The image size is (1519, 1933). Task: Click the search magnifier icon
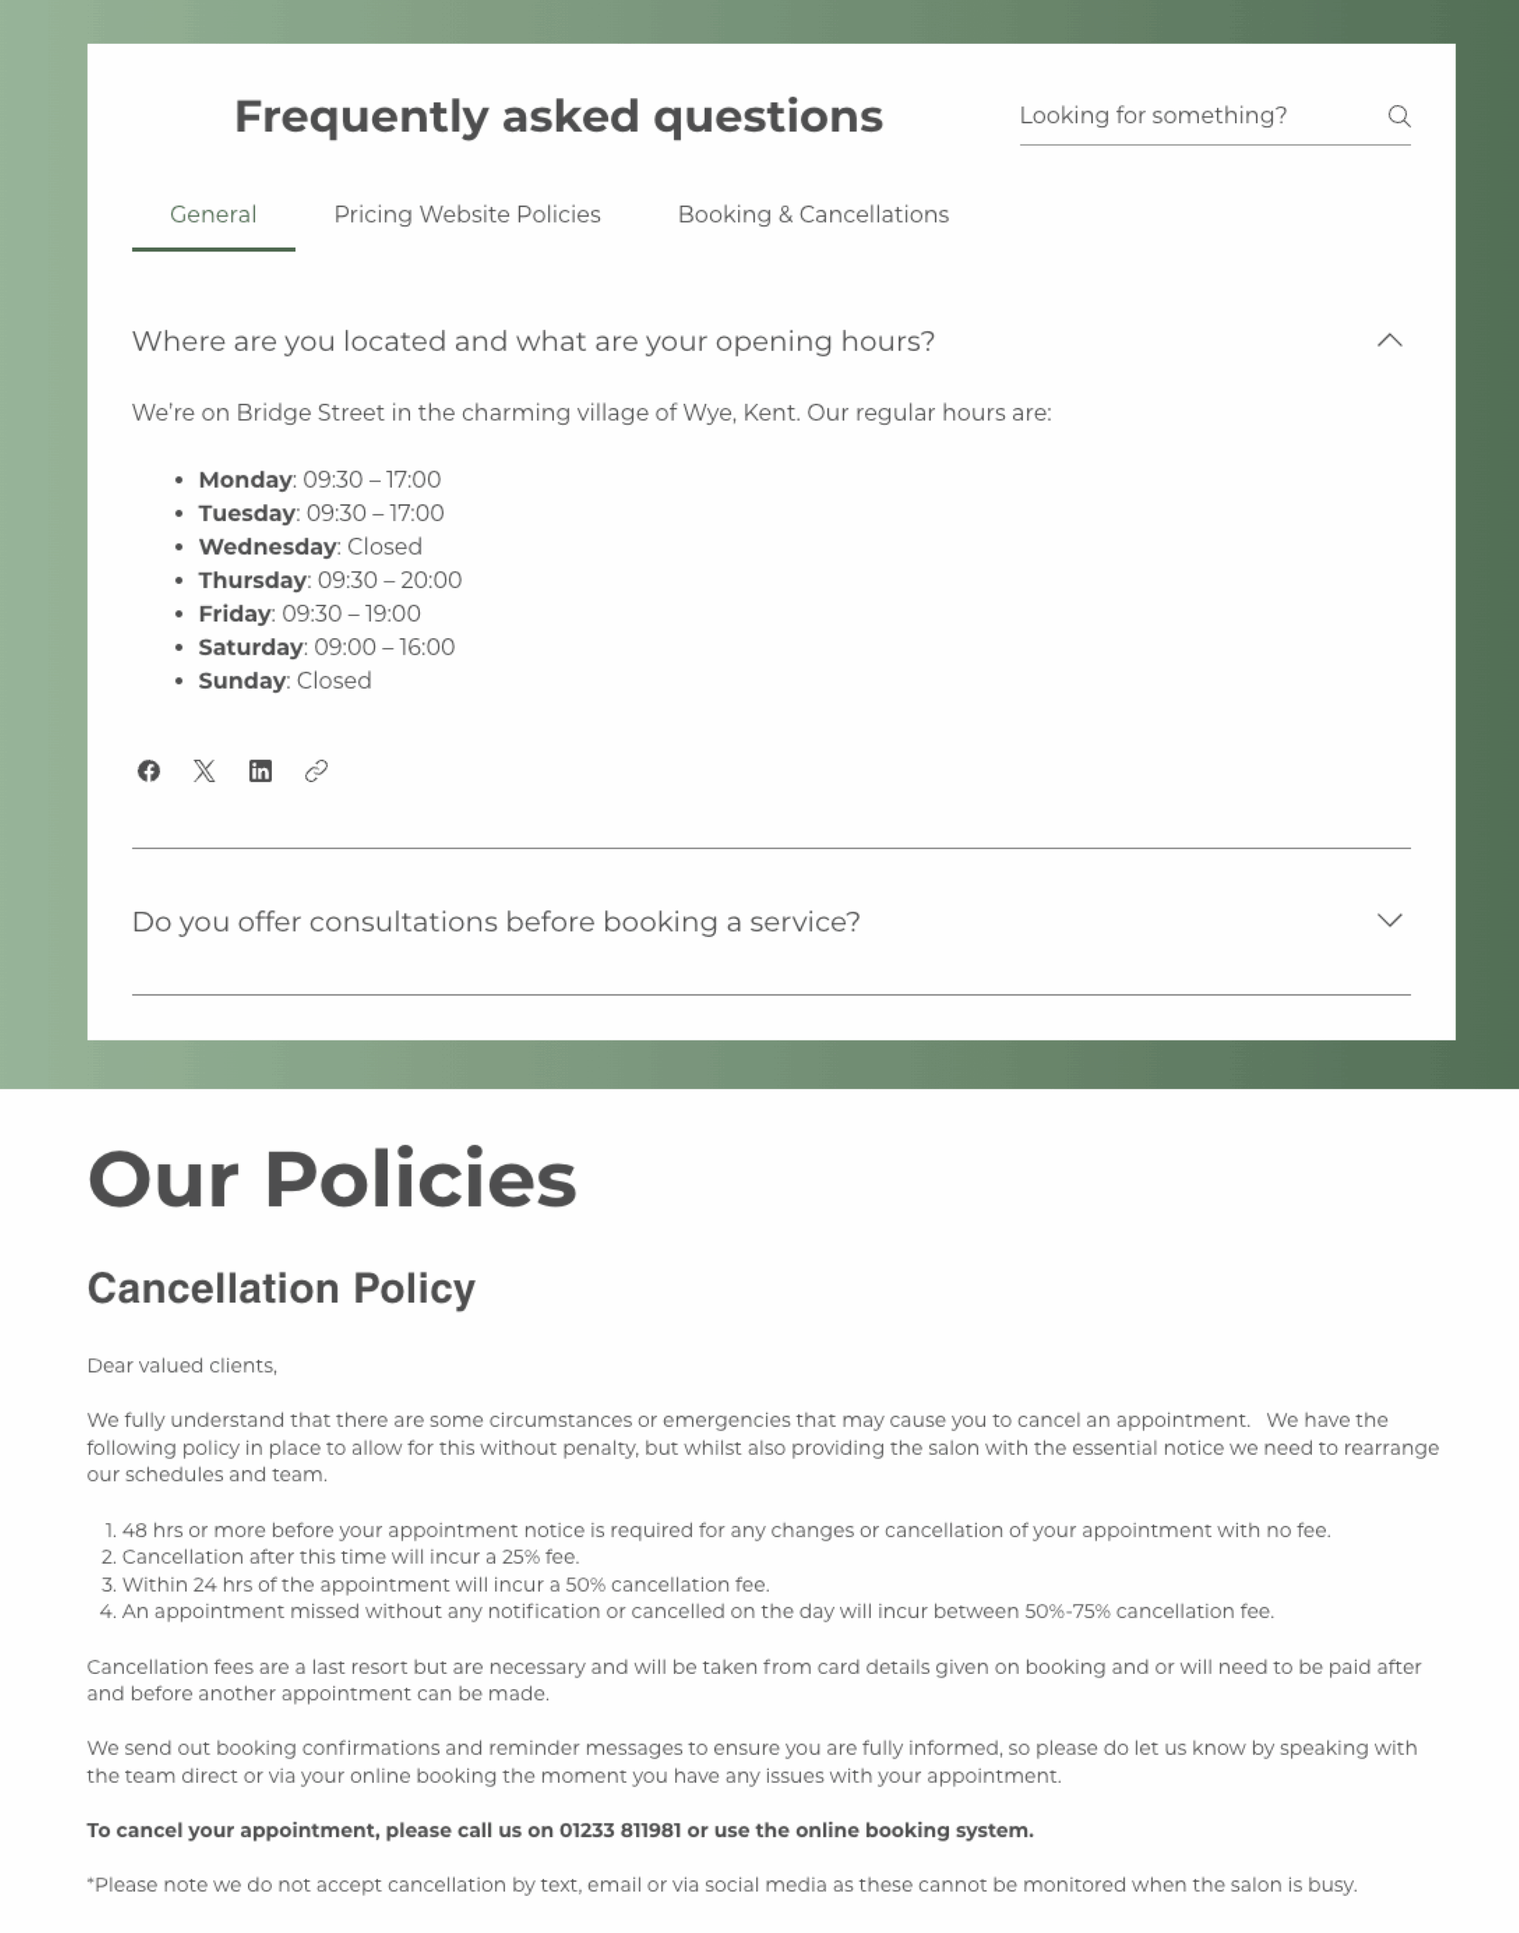point(1398,116)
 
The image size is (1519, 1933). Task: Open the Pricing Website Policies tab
point(467,214)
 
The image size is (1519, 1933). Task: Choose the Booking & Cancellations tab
point(813,214)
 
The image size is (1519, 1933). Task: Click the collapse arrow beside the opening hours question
point(1389,341)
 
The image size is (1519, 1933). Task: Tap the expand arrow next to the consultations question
point(1389,920)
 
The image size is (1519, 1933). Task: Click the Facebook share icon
point(149,771)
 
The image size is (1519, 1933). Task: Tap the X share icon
point(205,771)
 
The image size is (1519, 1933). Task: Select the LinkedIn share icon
point(261,771)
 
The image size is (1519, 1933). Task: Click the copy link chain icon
point(316,771)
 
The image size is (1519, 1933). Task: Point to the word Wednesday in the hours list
point(267,547)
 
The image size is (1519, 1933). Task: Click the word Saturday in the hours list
point(251,647)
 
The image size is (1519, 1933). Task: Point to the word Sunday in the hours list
point(242,681)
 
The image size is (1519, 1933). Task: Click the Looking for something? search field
point(1192,116)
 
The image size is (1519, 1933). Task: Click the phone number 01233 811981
point(620,1830)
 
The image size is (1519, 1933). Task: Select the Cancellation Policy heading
point(281,1288)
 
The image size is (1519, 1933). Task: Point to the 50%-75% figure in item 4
point(1067,1611)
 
